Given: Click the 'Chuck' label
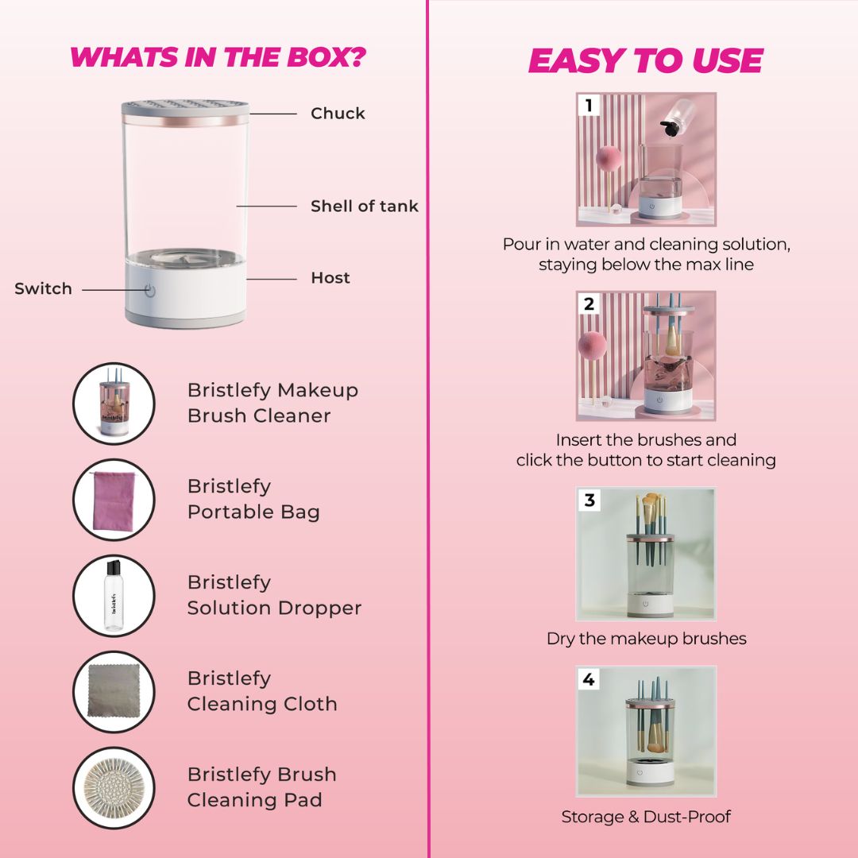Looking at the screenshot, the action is coord(338,114).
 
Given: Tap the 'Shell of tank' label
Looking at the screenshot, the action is coord(365,207).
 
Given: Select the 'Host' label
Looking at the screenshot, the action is coord(330,278).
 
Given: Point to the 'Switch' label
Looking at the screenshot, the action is coord(43,289).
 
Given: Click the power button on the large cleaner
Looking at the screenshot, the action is coord(150,290).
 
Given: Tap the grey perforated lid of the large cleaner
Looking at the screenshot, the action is coord(185,108).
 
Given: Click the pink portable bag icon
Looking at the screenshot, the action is coord(114,500).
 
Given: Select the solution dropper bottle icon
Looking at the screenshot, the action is coord(114,595).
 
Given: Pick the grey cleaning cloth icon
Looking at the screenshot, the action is coord(114,691).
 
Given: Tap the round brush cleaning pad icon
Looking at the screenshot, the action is coord(114,787).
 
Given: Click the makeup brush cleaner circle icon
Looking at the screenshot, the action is coord(114,404).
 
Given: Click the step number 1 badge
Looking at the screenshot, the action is coord(589,105).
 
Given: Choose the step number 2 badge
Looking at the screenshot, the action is coord(589,303).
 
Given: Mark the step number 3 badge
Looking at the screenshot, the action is coord(589,500).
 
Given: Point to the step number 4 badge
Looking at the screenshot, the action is coord(589,679).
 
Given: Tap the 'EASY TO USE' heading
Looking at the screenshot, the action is coord(646,60).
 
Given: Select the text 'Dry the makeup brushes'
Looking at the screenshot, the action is coord(646,639).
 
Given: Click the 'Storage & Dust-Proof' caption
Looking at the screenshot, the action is coord(646,817).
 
